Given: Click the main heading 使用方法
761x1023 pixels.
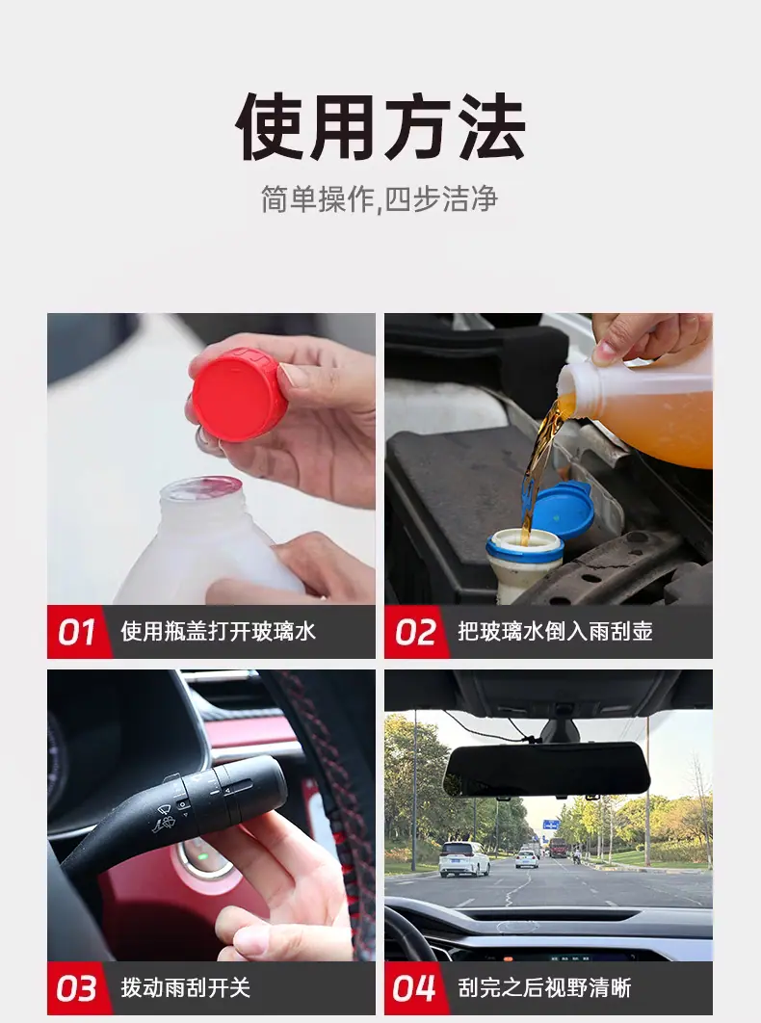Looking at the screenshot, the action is (x=380, y=126).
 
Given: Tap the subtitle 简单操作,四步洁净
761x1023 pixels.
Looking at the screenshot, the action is (x=380, y=199).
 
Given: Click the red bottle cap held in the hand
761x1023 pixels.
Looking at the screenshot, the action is (x=240, y=395).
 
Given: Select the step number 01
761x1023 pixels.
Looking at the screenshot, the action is (x=77, y=632).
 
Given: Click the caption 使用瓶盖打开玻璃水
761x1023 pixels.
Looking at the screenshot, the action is (x=218, y=632).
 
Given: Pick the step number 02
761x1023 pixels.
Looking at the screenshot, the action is (x=415, y=632).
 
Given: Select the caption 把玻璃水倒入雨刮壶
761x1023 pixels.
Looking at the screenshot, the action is (x=556, y=632).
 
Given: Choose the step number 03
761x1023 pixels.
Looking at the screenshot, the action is (x=77, y=988).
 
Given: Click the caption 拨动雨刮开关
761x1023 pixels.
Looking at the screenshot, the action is (x=185, y=987).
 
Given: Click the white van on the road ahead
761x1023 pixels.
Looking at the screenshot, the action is (x=464, y=858).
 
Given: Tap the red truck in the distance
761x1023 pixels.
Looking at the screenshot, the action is (x=558, y=847).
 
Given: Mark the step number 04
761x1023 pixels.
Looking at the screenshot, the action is (x=414, y=988).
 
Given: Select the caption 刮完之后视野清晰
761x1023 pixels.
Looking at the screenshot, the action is (x=544, y=987).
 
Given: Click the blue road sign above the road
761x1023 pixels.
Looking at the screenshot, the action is (x=551, y=824).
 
